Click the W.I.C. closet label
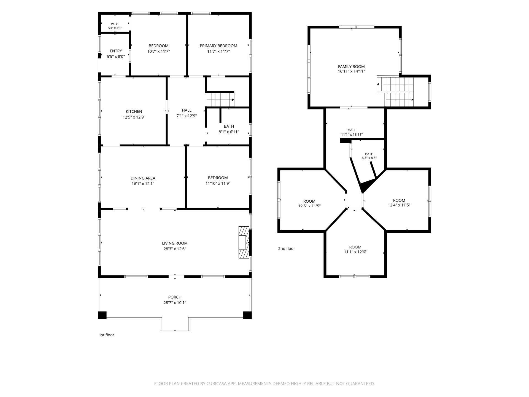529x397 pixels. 115,24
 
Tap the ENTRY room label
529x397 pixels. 116,51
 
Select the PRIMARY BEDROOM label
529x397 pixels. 218,46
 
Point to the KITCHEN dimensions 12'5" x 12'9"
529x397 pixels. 134,117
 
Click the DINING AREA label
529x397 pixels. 143,178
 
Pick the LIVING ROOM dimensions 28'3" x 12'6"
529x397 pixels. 175,249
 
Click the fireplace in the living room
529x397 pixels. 244,242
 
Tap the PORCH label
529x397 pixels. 175,297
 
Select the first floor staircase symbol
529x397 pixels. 220,100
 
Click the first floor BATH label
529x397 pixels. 229,126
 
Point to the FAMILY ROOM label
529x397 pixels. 351,66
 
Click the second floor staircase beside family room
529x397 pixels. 395,92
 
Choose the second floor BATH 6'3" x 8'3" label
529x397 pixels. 369,156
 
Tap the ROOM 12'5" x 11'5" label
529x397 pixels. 309,203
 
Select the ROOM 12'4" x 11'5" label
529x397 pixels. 399,203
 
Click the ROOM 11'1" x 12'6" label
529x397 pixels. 355,249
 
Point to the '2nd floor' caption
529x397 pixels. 287,248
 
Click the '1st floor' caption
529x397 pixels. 107,335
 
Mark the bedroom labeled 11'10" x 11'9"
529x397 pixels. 218,181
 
